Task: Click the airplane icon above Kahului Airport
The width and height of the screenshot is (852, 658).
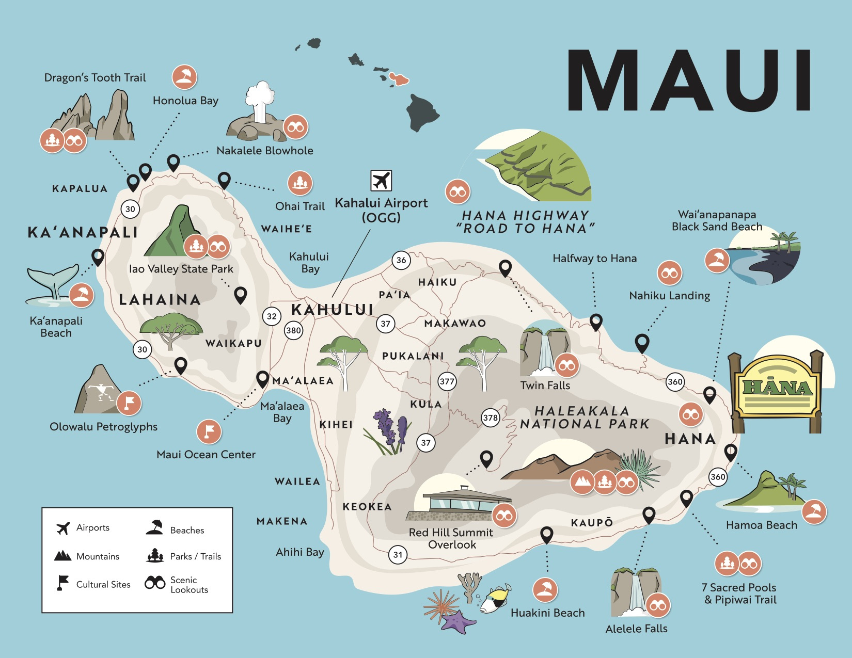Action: pyautogui.click(x=381, y=181)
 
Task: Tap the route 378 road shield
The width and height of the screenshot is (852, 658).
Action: pyautogui.click(x=490, y=418)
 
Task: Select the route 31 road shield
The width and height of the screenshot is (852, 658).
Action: pyautogui.click(x=398, y=555)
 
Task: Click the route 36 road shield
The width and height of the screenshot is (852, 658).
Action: pyautogui.click(x=401, y=260)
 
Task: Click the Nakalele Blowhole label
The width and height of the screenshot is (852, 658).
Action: pyautogui.click(x=264, y=151)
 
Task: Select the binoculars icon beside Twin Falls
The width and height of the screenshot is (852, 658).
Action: pyautogui.click(x=566, y=365)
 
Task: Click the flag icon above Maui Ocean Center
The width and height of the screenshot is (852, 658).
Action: pyautogui.click(x=209, y=431)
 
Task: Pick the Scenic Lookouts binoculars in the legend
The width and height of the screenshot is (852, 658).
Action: pyautogui.click(x=155, y=583)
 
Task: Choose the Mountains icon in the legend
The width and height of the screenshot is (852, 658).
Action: pyautogui.click(x=62, y=556)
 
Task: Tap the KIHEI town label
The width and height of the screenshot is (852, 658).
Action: pyautogui.click(x=336, y=424)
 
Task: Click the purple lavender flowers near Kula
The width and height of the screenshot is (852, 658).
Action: pyautogui.click(x=390, y=431)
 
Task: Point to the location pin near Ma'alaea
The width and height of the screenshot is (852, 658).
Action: pyautogui.click(x=262, y=379)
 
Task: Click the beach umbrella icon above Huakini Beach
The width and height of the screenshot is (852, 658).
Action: pyautogui.click(x=545, y=590)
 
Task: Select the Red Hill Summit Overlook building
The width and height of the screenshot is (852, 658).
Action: pyautogui.click(x=460, y=503)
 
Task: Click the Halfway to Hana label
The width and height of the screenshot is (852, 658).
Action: pyautogui.click(x=594, y=259)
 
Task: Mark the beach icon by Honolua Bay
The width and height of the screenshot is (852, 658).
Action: pyautogui.click(x=184, y=77)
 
